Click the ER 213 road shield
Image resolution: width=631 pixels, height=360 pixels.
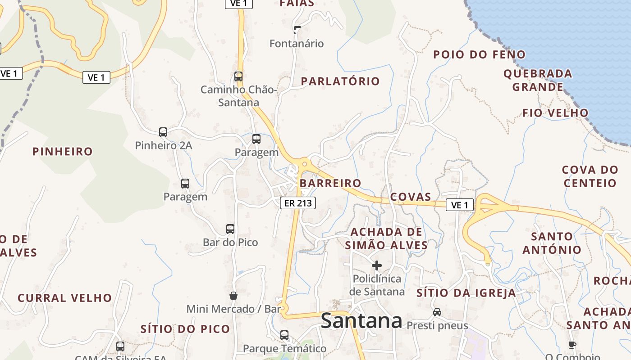click(298, 203)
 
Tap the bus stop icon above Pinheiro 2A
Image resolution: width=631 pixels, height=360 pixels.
click(163, 132)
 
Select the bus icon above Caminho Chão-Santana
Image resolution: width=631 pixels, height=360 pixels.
click(238, 76)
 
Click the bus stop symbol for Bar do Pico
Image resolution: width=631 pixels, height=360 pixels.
click(230, 229)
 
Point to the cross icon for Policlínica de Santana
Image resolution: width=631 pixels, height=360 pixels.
click(377, 265)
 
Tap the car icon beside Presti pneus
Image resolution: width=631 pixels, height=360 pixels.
click(437, 312)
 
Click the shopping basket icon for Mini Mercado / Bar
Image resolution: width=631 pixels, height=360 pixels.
click(233, 296)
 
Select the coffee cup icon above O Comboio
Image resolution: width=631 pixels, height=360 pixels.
click(572, 345)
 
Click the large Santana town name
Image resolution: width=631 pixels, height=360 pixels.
click(361, 321)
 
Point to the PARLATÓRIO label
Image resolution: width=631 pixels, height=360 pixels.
click(340, 81)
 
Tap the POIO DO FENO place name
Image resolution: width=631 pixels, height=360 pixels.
click(479, 55)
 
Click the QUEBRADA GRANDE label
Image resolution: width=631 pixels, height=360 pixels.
click(538, 80)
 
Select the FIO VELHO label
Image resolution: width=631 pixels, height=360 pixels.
click(555, 113)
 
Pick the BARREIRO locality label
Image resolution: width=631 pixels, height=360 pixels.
click(330, 183)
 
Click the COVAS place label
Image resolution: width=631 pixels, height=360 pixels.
click(411, 197)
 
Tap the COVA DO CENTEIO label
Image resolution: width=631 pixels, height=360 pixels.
click(590, 176)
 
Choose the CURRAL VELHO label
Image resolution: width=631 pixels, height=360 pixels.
click(64, 298)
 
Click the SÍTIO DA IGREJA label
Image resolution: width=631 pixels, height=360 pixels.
click(466, 293)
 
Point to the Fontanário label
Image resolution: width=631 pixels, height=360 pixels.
click(297, 44)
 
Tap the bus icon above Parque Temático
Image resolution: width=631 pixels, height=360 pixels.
click(284, 335)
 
